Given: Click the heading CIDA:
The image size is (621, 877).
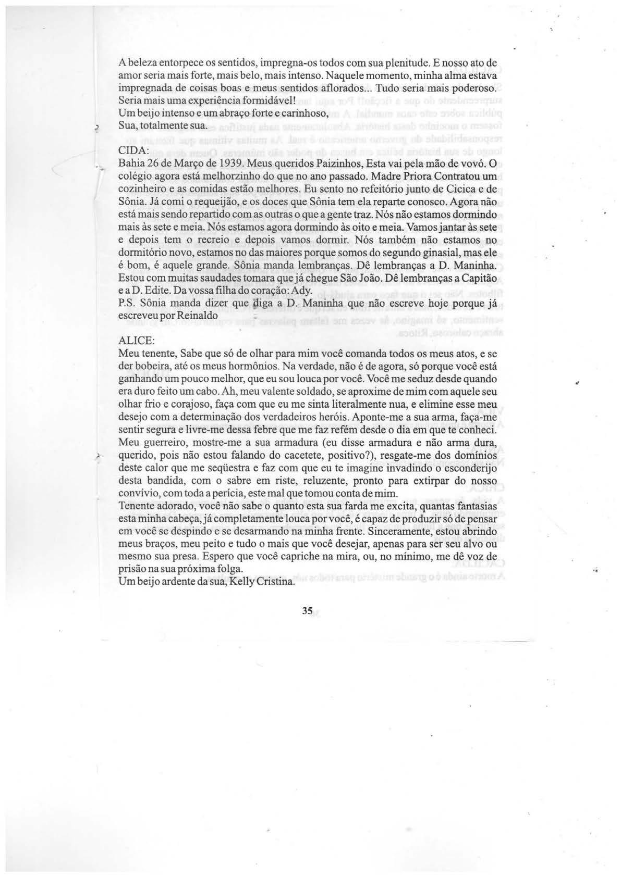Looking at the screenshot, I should (134, 151).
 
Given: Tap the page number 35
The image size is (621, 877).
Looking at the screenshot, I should (307, 611).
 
